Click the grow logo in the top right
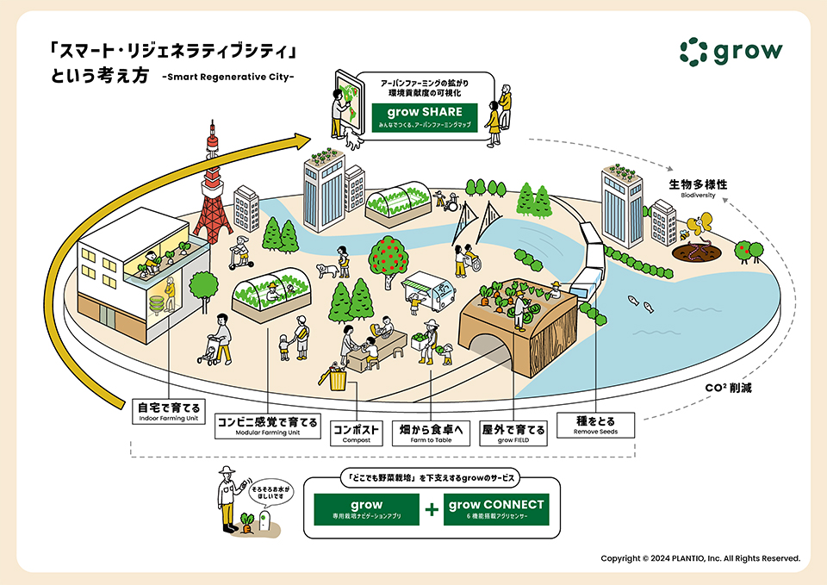[731, 51]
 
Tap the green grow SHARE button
[424, 117]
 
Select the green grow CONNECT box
[495, 509]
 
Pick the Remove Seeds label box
[595, 425]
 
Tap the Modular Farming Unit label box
[266, 426]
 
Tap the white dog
[326, 271]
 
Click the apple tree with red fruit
[386, 254]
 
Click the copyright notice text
[700, 558]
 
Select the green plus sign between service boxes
[432, 510]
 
